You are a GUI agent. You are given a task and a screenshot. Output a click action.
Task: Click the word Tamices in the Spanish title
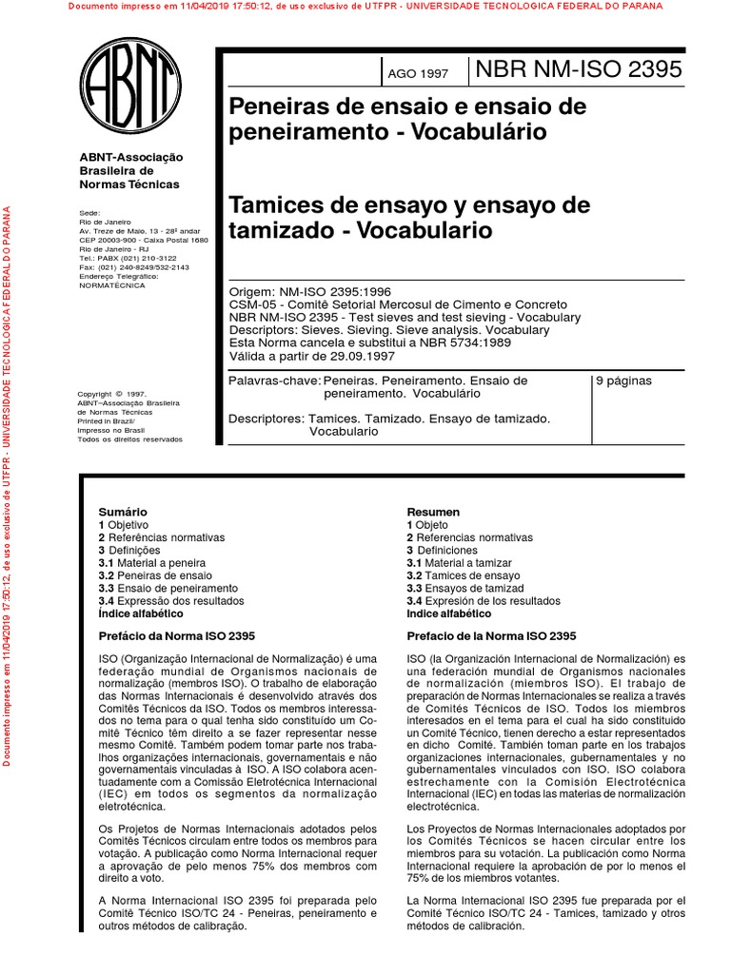point(272,205)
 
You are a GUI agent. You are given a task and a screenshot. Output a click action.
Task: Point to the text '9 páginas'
point(623,380)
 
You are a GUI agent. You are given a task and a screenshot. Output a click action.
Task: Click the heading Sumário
point(123,512)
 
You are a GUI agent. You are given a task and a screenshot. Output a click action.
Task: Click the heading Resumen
point(433,512)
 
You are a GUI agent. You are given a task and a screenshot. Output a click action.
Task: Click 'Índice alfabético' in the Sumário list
point(141,614)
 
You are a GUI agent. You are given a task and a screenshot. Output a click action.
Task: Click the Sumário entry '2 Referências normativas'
point(161,537)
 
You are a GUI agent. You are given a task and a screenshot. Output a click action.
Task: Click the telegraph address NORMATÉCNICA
point(112,284)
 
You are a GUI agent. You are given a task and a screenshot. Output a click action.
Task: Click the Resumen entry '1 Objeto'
point(427,525)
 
